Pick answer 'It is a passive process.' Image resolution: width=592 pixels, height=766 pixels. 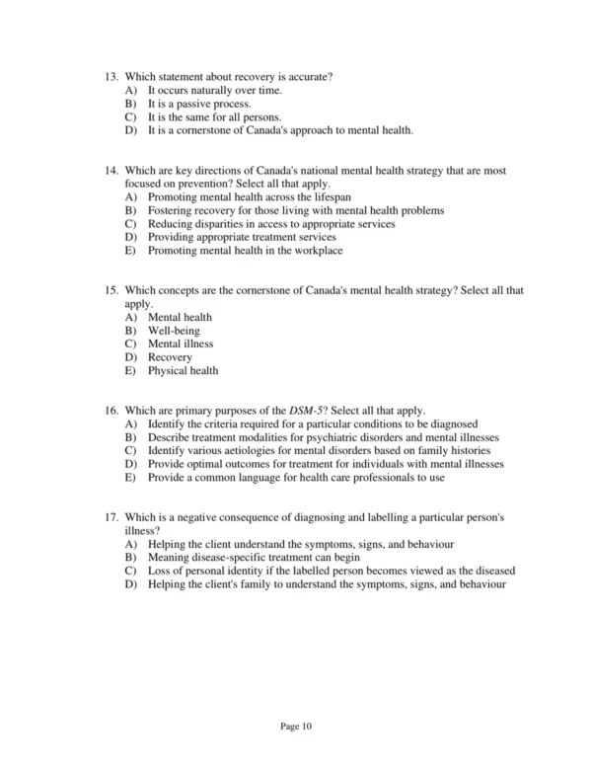tap(199, 104)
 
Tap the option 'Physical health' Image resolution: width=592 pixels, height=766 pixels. tap(184, 371)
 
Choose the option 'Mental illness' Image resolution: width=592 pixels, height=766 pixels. tap(181, 345)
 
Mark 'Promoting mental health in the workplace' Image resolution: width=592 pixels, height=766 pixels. tap(245, 251)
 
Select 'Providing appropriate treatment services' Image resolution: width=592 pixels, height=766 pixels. tap(242, 238)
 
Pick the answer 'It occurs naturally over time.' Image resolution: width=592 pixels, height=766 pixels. tap(214, 91)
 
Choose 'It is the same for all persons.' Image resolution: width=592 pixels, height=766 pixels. tap(206, 117)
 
